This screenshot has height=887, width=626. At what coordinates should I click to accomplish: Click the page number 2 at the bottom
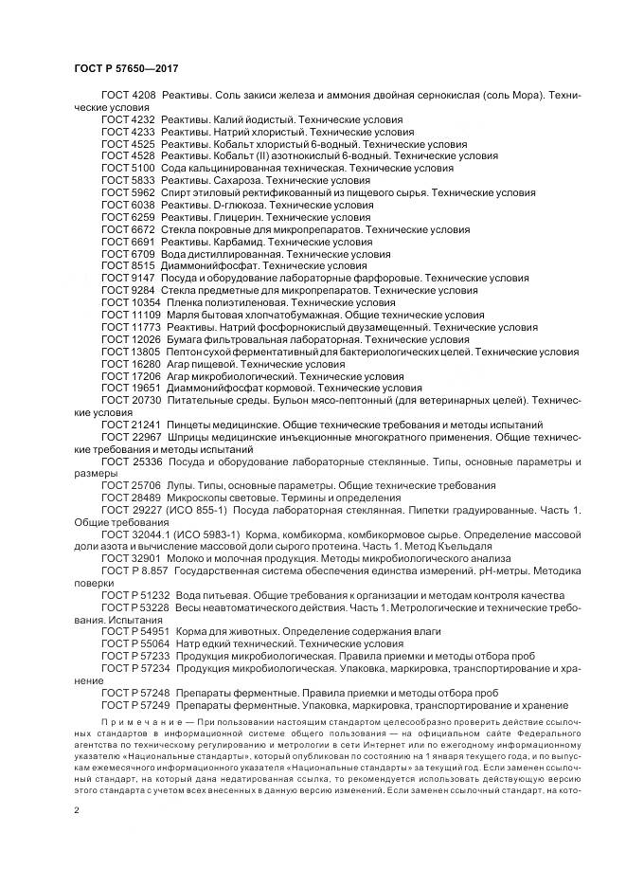click(x=76, y=811)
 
